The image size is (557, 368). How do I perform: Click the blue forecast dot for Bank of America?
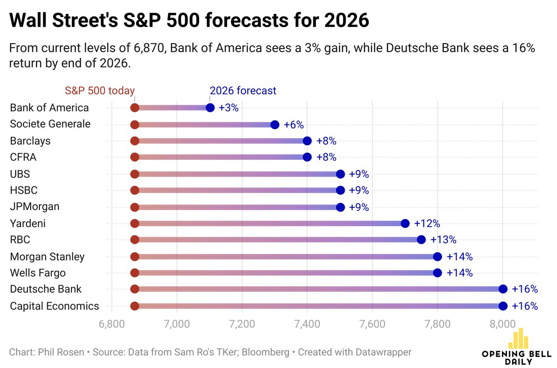[210, 108]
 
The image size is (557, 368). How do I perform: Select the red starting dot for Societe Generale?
[135, 125]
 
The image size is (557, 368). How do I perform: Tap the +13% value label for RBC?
[443, 240]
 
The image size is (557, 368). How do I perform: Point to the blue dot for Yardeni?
[405, 223]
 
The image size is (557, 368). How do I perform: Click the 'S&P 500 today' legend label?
[99, 91]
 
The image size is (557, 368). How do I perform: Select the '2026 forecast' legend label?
[243, 91]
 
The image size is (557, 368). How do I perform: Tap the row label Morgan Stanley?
[47, 256]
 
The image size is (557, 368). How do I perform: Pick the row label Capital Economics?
[54, 306]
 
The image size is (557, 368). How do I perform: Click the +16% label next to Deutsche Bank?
[525, 289]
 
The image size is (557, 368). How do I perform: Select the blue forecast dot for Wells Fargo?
[437, 273]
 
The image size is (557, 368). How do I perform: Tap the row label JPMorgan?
[35, 207]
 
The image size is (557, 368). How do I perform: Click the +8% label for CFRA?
[326, 158]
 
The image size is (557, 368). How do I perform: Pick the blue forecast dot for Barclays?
[307, 141]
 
